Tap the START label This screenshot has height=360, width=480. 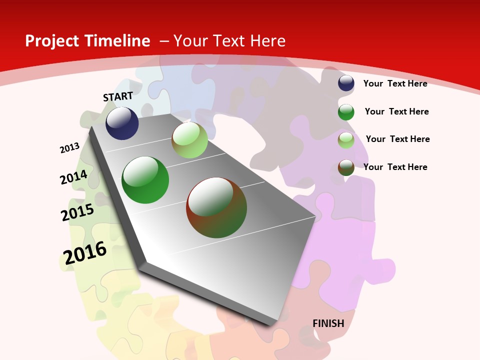tap(118, 96)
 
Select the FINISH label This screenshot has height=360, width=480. tap(328, 323)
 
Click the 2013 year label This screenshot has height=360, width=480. tap(69, 148)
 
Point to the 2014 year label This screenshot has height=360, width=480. tap(73, 177)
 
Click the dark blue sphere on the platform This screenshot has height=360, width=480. tap(122, 123)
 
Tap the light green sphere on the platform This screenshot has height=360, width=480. tap(189, 140)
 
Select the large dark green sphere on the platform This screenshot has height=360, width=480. tap(145, 180)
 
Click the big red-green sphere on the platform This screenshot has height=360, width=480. tap(216, 207)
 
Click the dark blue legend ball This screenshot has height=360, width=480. tap(346, 83)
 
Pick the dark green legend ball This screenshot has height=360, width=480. tap(346, 112)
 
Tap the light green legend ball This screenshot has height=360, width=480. tap(346, 140)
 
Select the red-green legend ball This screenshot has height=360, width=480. tap(346, 167)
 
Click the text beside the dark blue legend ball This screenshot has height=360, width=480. tap(395, 83)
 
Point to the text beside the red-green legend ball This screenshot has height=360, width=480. tap(395, 167)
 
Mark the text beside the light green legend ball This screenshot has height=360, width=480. tap(397, 139)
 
